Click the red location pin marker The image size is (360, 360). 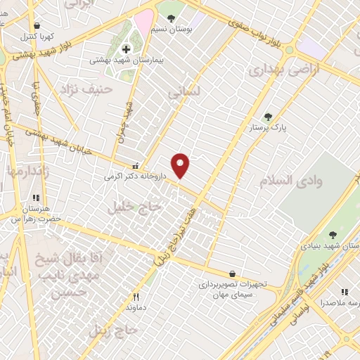coord(181,166)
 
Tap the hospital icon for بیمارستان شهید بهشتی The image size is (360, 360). coord(127,49)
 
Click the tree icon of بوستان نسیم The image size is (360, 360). coord(171,18)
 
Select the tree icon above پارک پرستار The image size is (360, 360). coord(267,117)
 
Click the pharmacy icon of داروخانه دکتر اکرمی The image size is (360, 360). coord(145,166)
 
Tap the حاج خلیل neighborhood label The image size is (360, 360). coord(134,207)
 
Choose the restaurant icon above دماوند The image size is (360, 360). coord(137,297)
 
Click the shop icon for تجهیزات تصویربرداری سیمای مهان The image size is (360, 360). coord(232,274)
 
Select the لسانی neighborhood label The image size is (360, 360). coord(184,91)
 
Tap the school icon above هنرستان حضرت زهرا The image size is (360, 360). coord(37,198)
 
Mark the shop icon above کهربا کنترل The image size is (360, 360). coord(37,25)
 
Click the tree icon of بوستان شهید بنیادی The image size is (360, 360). coord(333,236)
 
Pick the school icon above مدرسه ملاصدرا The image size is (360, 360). coord(344,291)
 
